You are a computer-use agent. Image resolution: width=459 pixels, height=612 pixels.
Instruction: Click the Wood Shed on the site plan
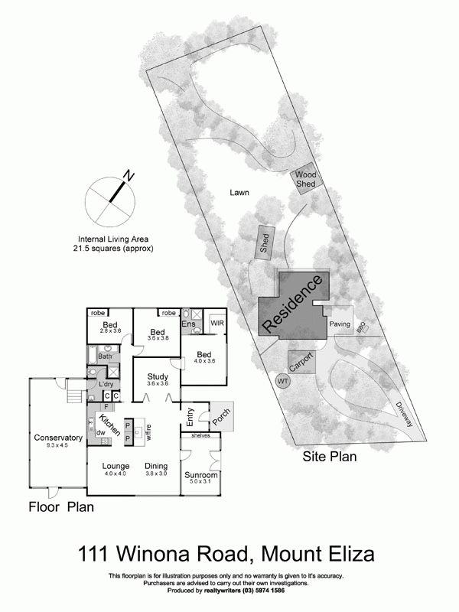coord(307,180)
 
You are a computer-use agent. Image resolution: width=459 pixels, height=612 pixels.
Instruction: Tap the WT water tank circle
coord(283,380)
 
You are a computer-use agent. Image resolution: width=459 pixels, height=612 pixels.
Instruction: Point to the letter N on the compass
coord(129,176)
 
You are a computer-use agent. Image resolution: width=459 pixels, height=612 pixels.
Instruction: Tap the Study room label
coord(158,376)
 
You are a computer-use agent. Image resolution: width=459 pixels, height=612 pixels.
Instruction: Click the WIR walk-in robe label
coord(216,324)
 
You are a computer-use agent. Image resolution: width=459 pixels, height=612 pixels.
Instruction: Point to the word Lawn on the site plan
coord(240,193)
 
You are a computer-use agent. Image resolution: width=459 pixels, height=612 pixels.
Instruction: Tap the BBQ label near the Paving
coord(361,327)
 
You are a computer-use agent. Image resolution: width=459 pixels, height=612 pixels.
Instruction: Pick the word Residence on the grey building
coord(290,304)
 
